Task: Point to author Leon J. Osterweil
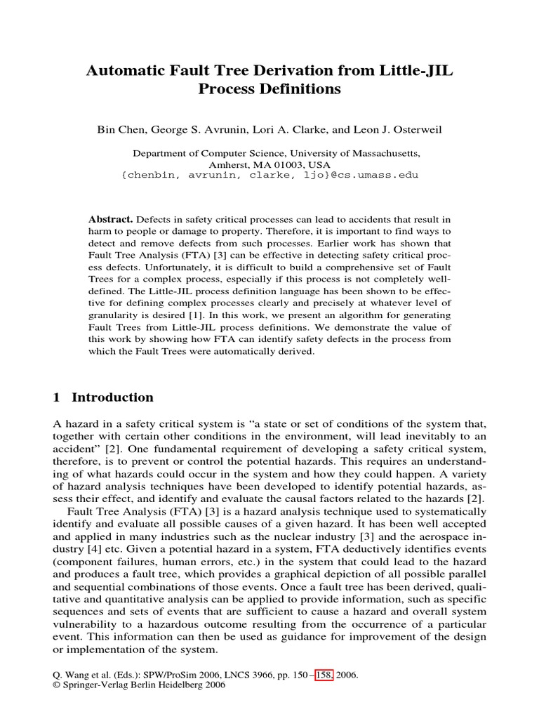[x=397, y=130]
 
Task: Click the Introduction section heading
[x=112, y=397]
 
